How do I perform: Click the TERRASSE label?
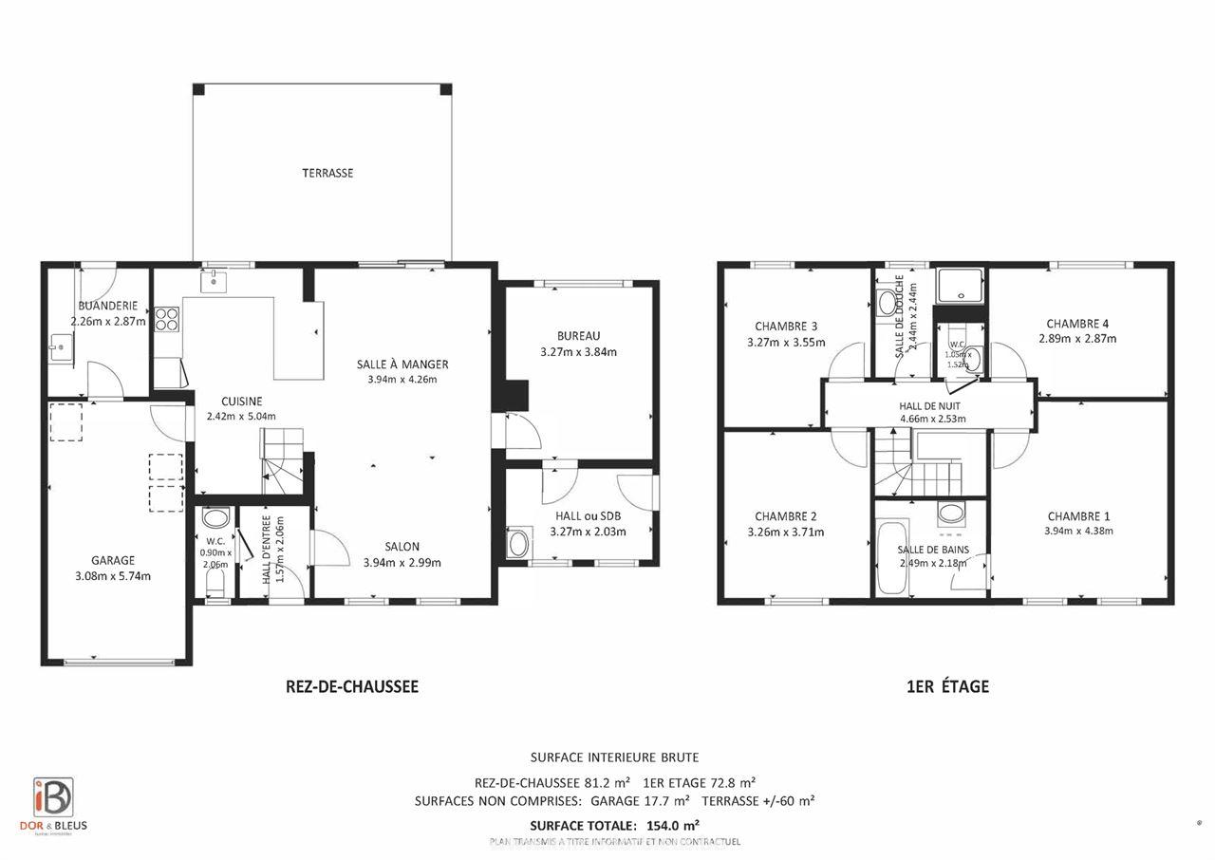[327, 173]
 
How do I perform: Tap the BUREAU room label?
[578, 335]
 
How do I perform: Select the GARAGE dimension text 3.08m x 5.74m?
[113, 575]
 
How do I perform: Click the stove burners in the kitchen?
[167, 319]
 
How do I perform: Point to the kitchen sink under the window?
[213, 281]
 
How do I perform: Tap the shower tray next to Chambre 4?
[961, 284]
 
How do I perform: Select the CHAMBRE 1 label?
[1078, 515]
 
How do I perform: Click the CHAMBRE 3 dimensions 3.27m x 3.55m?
[786, 342]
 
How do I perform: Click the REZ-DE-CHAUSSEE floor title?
[351, 686]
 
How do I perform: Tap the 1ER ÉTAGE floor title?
[947, 686]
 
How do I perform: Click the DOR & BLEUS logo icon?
[53, 796]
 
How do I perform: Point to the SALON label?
[402, 546]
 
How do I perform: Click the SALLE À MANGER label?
[402, 364]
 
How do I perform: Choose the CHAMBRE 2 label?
[786, 516]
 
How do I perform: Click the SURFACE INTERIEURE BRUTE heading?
[614, 757]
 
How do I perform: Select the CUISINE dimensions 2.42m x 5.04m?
[241, 415]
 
